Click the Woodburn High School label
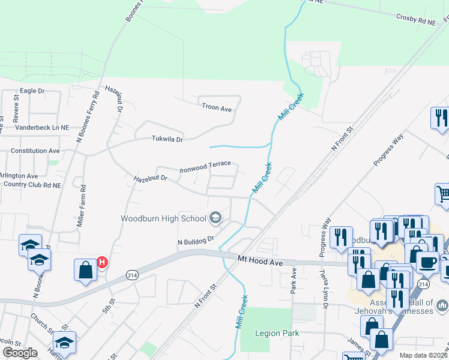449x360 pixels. click(x=163, y=218)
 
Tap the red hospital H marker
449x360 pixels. click(x=102, y=262)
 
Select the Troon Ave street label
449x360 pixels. click(x=217, y=109)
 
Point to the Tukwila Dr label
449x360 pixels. click(x=166, y=139)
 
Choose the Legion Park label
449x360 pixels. click(x=277, y=333)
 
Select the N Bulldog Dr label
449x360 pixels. click(x=195, y=242)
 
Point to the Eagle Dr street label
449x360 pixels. click(x=32, y=91)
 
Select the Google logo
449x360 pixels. click(x=20, y=352)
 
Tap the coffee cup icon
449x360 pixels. click(x=427, y=262)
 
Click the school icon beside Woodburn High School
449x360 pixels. click(x=215, y=218)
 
